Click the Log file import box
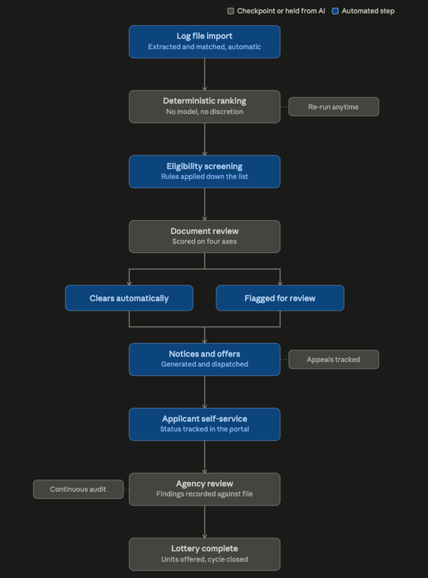pyautogui.click(x=204, y=42)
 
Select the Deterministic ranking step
pyautogui.click(x=204, y=106)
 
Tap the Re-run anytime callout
pyautogui.click(x=333, y=107)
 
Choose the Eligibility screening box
pyautogui.click(x=204, y=171)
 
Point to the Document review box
pyautogui.click(x=204, y=237)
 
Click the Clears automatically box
pyautogui.click(x=129, y=298)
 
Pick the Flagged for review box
pyautogui.click(x=280, y=298)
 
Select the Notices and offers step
pyautogui.click(x=204, y=359)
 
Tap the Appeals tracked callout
pyautogui.click(x=333, y=359)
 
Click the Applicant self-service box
pyautogui.click(x=204, y=424)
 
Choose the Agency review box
pyautogui.click(x=204, y=489)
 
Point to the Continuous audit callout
pyautogui.click(x=78, y=489)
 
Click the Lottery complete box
pyautogui.click(x=204, y=554)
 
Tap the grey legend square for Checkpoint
pyautogui.click(x=230, y=11)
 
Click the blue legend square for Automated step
pyautogui.click(x=335, y=11)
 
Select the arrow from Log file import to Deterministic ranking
pyautogui.click(x=204, y=74)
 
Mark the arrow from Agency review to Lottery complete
pyautogui.click(x=204, y=522)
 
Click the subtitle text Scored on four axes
pyautogui.click(x=204, y=241)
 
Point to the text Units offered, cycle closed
pyautogui.click(x=204, y=559)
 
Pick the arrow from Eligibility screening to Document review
pyautogui.click(x=204, y=204)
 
